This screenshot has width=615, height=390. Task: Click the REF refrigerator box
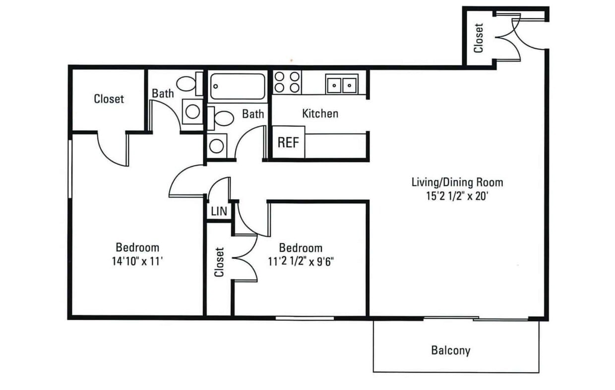coord(288,142)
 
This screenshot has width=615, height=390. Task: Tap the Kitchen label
coord(320,113)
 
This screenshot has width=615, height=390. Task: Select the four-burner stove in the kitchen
coord(287,82)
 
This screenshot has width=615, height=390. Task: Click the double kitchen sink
coord(342,84)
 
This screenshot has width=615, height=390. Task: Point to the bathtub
coord(238,86)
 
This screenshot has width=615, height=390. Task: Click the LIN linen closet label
coord(219,211)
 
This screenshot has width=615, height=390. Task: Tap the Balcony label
coord(450,350)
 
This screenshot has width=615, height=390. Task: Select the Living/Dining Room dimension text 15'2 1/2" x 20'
coord(457,196)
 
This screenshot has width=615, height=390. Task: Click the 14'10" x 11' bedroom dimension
coord(137,261)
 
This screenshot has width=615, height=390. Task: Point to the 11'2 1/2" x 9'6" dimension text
coord(301,262)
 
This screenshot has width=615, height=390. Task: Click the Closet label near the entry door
coord(479,38)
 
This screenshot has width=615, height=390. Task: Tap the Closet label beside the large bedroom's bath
coord(109,99)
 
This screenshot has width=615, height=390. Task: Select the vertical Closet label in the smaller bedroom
coord(219,262)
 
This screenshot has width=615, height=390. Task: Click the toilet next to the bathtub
coord(221,118)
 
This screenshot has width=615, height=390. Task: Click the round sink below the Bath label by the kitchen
coord(217,146)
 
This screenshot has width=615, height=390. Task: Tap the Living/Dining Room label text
coord(457,183)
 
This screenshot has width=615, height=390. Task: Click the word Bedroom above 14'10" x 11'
coord(137,247)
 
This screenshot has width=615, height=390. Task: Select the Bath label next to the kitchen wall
coord(253,114)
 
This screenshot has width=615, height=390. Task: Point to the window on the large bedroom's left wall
coord(70,168)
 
